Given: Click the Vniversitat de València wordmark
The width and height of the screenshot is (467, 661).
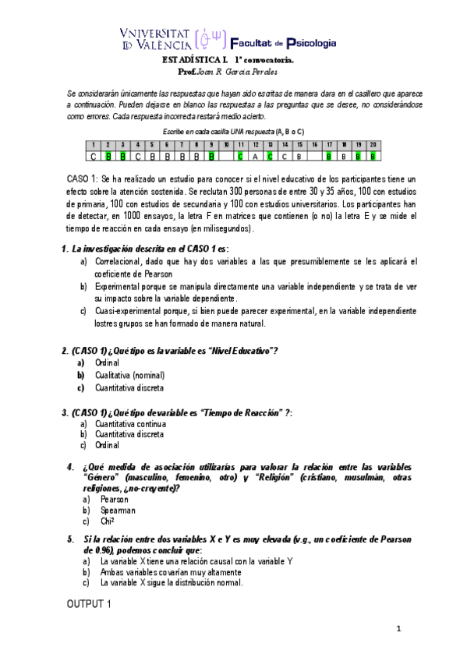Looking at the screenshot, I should click(x=155, y=39).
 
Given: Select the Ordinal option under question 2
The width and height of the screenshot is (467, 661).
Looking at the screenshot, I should click(x=108, y=362).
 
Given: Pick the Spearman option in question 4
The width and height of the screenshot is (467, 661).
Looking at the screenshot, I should click(x=118, y=510).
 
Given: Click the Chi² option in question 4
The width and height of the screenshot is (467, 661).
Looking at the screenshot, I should click(x=108, y=521).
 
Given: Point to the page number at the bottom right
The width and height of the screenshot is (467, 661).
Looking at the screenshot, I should click(x=398, y=629).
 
